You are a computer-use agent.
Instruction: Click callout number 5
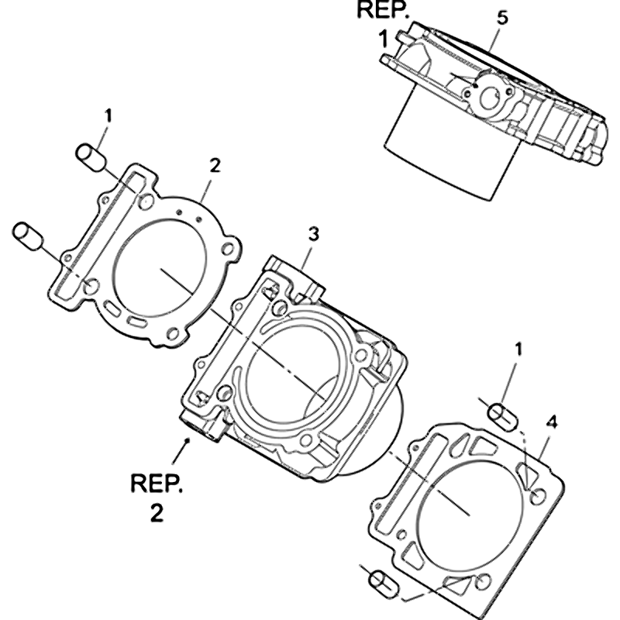502,19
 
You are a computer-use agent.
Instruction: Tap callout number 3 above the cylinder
312,233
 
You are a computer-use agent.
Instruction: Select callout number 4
551,422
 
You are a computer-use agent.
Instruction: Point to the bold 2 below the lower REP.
157,513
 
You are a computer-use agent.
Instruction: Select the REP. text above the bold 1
380,10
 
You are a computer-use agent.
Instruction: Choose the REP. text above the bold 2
157,484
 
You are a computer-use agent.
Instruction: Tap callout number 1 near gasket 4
518,350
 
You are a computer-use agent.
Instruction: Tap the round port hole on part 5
490,97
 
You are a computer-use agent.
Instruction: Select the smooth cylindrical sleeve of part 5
449,155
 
